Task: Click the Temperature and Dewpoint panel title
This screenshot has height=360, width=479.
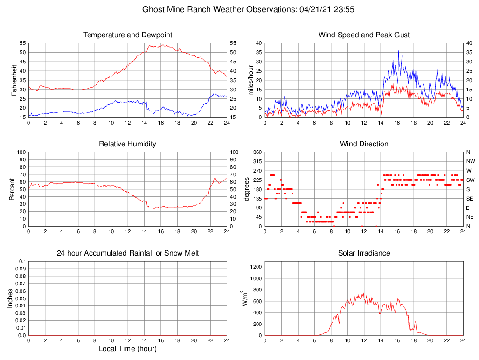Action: pos(127,35)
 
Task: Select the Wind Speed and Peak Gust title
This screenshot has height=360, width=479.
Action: pos(364,35)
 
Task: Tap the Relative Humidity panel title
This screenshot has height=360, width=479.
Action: pos(127,144)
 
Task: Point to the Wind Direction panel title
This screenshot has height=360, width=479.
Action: pos(364,144)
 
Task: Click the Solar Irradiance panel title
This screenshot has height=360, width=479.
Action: pos(364,253)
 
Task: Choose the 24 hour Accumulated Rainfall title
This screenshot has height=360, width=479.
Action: pos(127,253)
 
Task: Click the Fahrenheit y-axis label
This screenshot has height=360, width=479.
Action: pos(14,80)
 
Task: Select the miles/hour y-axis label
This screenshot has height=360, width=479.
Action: pos(251,80)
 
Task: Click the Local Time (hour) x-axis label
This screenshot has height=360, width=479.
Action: pos(127,349)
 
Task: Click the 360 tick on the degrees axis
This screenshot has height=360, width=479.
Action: pos(257,152)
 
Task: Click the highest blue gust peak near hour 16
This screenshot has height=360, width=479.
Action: pos(398,51)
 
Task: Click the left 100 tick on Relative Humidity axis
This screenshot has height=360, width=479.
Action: pos(21,152)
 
